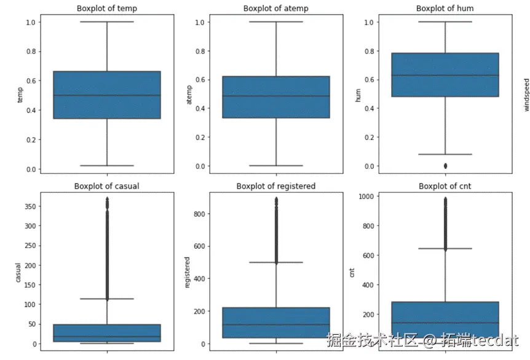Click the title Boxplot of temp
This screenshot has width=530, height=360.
click(x=107, y=9)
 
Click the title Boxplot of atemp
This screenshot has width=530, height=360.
click(x=275, y=9)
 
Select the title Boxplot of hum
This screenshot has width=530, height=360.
click(x=445, y=9)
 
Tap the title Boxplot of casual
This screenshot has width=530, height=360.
click(x=107, y=186)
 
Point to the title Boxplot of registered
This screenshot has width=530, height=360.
click(x=275, y=186)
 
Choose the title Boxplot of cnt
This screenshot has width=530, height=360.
click(x=445, y=186)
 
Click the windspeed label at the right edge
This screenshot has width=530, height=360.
click(x=526, y=95)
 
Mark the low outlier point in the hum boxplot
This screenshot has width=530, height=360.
click(x=445, y=166)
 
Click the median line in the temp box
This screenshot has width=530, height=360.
click(x=107, y=95)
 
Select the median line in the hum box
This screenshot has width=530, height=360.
click(x=445, y=76)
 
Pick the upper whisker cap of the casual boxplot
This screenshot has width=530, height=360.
click(x=107, y=299)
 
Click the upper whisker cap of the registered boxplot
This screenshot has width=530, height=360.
click(x=275, y=262)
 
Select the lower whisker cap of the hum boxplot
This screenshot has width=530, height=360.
click(x=445, y=154)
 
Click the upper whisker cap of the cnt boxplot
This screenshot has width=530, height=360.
click(x=445, y=248)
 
